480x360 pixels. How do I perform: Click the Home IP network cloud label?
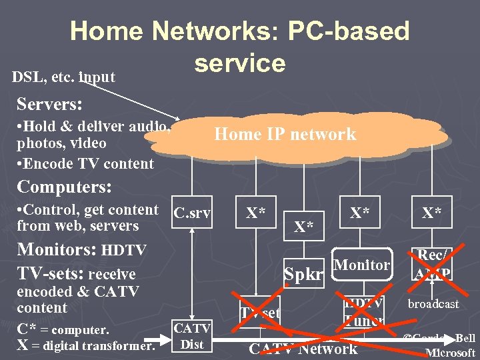[285, 134]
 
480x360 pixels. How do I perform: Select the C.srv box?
[192, 213]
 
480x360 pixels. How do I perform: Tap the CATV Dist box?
[192, 335]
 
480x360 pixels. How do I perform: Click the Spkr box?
[304, 273]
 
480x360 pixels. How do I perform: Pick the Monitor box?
[361, 265]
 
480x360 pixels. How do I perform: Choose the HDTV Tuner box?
[364, 311]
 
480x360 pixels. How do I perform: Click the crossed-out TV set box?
[261, 312]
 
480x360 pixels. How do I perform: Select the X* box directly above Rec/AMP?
[431, 213]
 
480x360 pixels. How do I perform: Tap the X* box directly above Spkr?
[304, 227]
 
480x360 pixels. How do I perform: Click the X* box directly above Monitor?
[360, 213]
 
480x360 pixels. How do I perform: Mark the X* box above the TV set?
[256, 213]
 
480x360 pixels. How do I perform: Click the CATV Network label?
[303, 349]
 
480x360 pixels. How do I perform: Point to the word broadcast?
[434, 304]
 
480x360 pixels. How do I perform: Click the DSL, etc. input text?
[63, 77]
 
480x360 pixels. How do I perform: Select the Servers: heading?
[50, 105]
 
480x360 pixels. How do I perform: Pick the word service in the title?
[240, 63]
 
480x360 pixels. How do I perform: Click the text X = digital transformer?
[85, 345]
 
